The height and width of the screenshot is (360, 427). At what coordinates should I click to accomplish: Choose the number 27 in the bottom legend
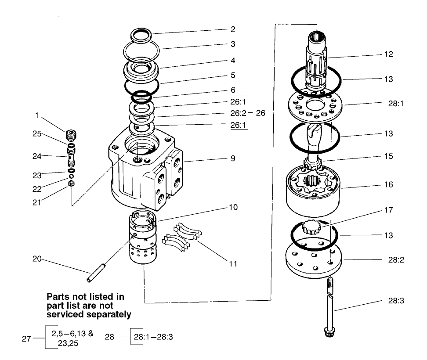click(27, 338)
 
